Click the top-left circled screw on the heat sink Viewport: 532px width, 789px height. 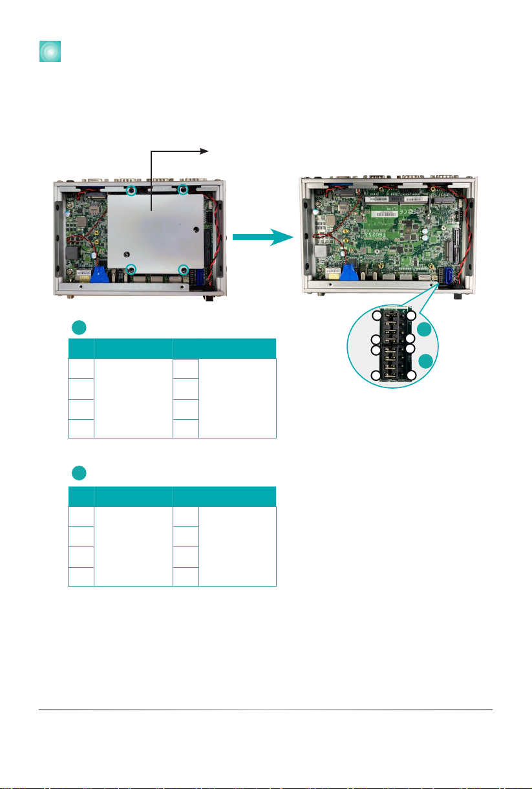coord(131,190)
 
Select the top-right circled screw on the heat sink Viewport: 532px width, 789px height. coord(183,189)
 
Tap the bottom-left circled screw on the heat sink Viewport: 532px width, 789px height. coord(131,269)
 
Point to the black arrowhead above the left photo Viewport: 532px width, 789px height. coord(204,151)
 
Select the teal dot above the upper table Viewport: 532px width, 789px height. coord(78,327)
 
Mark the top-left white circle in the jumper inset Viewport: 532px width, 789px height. coord(378,315)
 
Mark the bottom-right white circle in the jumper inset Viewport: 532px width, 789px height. coord(410,376)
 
